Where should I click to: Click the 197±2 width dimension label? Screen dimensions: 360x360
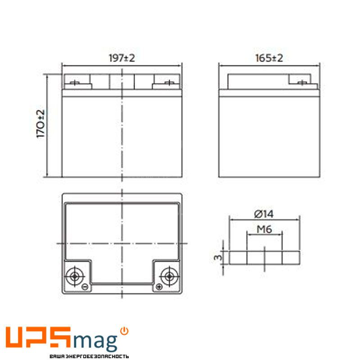(121, 58)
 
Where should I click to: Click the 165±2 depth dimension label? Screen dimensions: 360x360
(269, 58)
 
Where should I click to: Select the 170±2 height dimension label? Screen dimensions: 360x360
(40, 124)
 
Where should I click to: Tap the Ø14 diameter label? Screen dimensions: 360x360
(264, 214)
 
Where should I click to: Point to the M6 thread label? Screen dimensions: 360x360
(264, 229)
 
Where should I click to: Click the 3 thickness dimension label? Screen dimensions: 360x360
(218, 257)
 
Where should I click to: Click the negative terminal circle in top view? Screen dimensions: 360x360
(74, 276)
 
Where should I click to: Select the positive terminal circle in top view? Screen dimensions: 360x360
(169, 276)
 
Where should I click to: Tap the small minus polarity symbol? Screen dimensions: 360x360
(85, 287)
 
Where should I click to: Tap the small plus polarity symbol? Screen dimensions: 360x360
(159, 287)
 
